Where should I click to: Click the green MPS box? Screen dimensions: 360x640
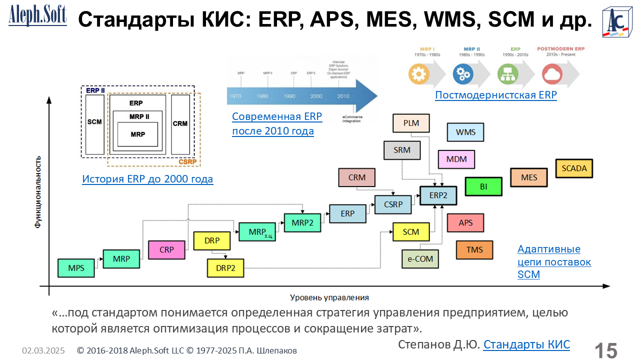76,268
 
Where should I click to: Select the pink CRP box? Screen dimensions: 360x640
166,249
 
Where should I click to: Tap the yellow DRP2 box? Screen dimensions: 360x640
225,267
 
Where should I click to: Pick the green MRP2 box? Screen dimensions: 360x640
302,222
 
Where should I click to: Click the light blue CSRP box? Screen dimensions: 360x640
392,204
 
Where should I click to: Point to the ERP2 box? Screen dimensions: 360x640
438,195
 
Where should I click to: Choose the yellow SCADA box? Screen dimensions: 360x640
574,168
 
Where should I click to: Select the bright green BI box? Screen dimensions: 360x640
483,186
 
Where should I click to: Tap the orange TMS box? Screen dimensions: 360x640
474,249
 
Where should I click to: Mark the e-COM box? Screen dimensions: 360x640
420,259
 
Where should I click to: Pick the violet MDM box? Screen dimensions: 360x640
456,159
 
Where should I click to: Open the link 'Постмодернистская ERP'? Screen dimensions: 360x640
495,95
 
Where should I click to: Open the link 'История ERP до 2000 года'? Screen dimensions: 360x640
147,179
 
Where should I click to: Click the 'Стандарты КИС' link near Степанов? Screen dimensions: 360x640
526,344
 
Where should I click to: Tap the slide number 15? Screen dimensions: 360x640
605,350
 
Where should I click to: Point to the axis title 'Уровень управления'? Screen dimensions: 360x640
329,297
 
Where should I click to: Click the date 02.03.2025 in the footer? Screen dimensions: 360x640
43,350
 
